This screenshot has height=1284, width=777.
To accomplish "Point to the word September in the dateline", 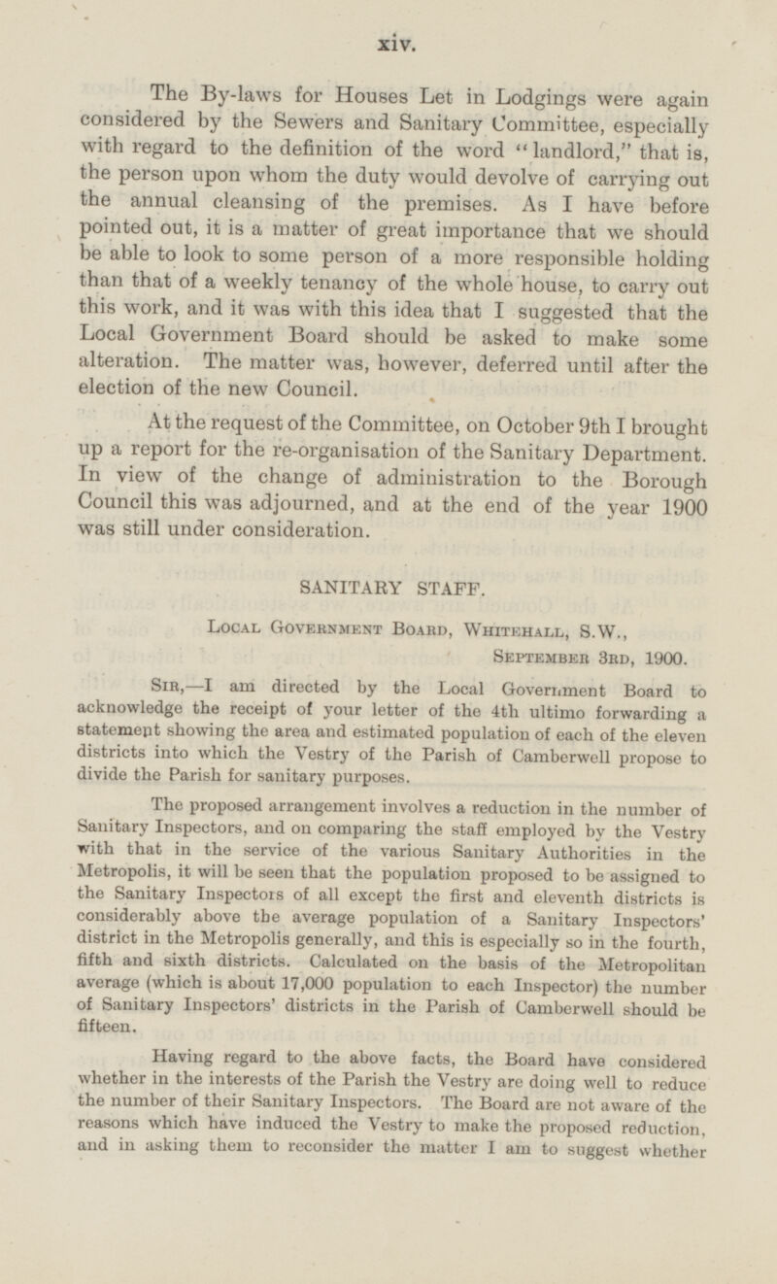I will point(545,659).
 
